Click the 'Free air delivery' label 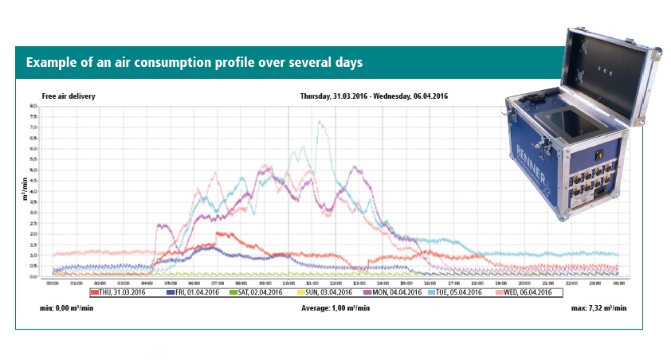click(69, 96)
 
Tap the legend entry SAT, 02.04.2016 click(257, 292)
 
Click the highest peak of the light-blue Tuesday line click(320, 122)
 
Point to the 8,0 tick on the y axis click(34, 106)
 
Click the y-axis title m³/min click(25, 192)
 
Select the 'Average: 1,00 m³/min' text click(335, 307)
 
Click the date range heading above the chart click(374, 96)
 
